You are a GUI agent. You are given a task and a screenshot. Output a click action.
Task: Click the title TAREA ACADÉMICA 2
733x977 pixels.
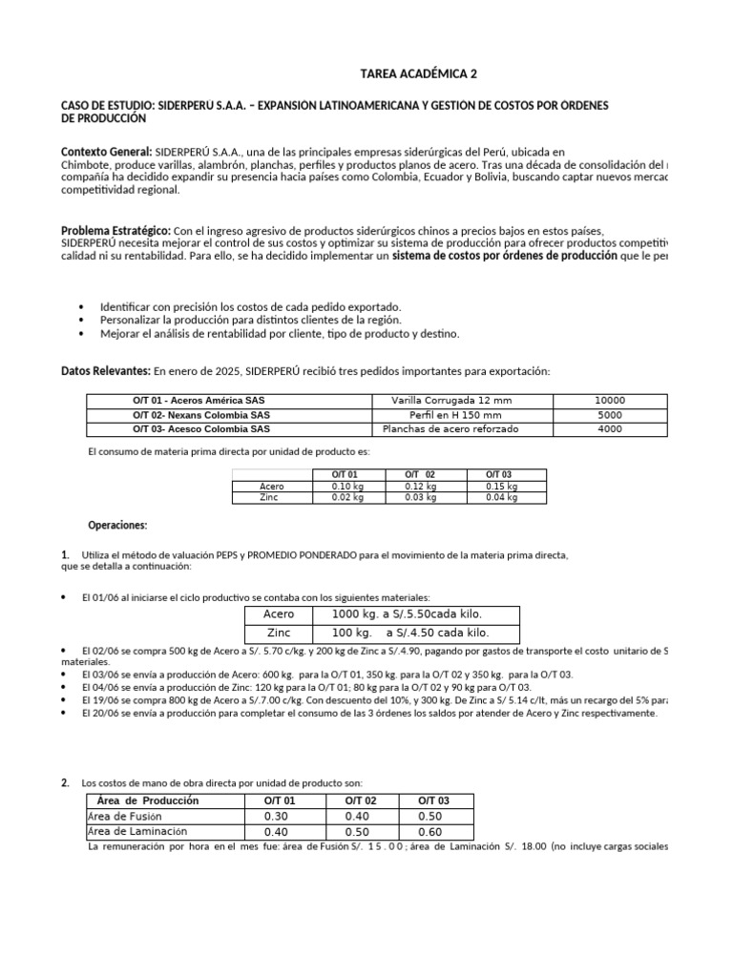click(407, 73)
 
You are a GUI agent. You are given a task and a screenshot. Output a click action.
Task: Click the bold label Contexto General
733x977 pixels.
click(106, 152)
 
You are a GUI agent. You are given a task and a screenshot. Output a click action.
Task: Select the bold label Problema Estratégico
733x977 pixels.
click(115, 231)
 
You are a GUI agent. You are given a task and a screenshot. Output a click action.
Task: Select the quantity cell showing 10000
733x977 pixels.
click(609, 401)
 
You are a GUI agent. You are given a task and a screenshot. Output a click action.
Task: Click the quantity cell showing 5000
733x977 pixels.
click(609, 415)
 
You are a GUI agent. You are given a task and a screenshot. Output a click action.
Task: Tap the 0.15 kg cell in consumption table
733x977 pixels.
click(498, 486)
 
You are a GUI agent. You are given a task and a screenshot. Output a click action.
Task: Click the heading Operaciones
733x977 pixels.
click(117, 526)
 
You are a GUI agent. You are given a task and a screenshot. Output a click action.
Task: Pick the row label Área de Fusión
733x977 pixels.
click(125, 817)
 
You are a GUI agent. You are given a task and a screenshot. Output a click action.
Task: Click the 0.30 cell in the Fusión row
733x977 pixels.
click(276, 817)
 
